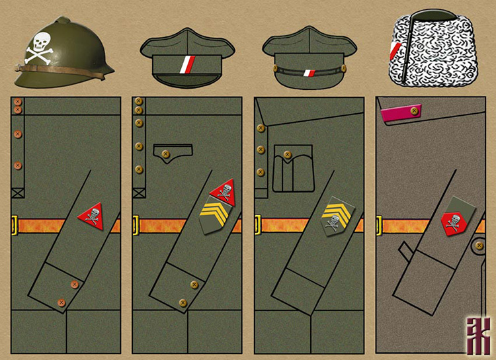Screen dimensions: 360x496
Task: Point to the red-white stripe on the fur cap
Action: [x=396, y=50]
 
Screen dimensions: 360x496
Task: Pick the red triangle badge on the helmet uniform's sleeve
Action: [x=91, y=216]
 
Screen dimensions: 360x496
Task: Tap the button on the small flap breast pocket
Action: [x=166, y=156]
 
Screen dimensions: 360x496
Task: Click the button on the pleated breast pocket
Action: [x=287, y=154]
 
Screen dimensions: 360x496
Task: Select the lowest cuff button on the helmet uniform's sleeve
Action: [x=62, y=303]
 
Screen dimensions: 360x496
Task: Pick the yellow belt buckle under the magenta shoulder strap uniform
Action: [x=380, y=225]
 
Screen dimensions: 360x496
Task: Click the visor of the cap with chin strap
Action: [x=310, y=83]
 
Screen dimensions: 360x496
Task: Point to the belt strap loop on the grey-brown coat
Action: [x=404, y=250]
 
